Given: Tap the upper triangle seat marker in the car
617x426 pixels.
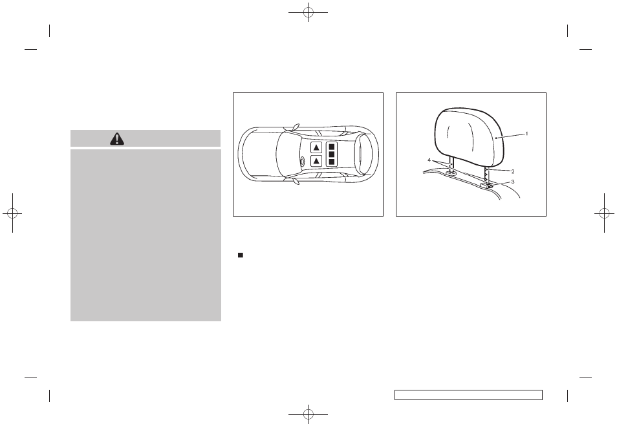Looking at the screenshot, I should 317,147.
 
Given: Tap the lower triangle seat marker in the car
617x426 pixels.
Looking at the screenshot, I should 317,160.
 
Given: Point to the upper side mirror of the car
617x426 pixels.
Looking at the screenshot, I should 295,126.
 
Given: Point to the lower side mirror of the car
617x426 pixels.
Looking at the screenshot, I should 295,182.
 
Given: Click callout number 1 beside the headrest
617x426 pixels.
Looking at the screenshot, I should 526,134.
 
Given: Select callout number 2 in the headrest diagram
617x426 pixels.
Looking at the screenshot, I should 512,171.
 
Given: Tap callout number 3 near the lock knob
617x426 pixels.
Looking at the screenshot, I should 512,182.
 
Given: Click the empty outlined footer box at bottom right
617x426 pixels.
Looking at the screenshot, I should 468,395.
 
